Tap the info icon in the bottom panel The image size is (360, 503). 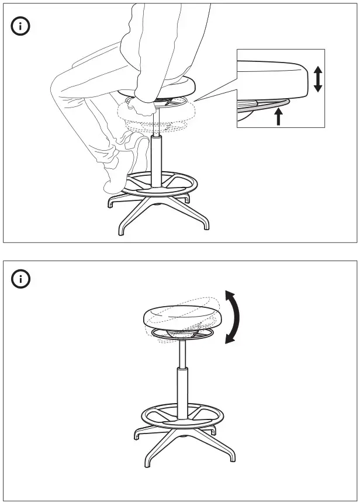click(x=22, y=279)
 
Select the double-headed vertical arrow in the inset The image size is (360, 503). click(x=317, y=79)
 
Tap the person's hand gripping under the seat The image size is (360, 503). click(x=143, y=105)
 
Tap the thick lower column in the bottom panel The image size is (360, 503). click(x=183, y=391)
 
